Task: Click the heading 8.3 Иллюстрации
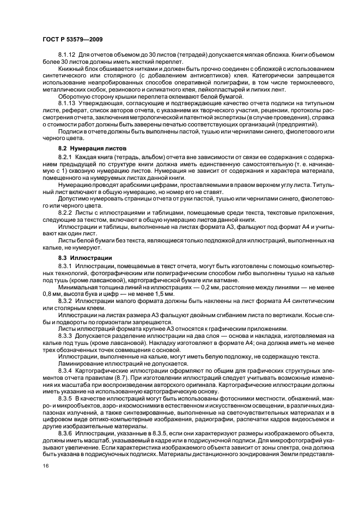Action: click(84, 257)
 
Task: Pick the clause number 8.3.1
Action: click(65, 265)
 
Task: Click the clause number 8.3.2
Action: click(65, 301)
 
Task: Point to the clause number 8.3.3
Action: click(65, 336)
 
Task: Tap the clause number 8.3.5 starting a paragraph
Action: click(65, 399)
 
